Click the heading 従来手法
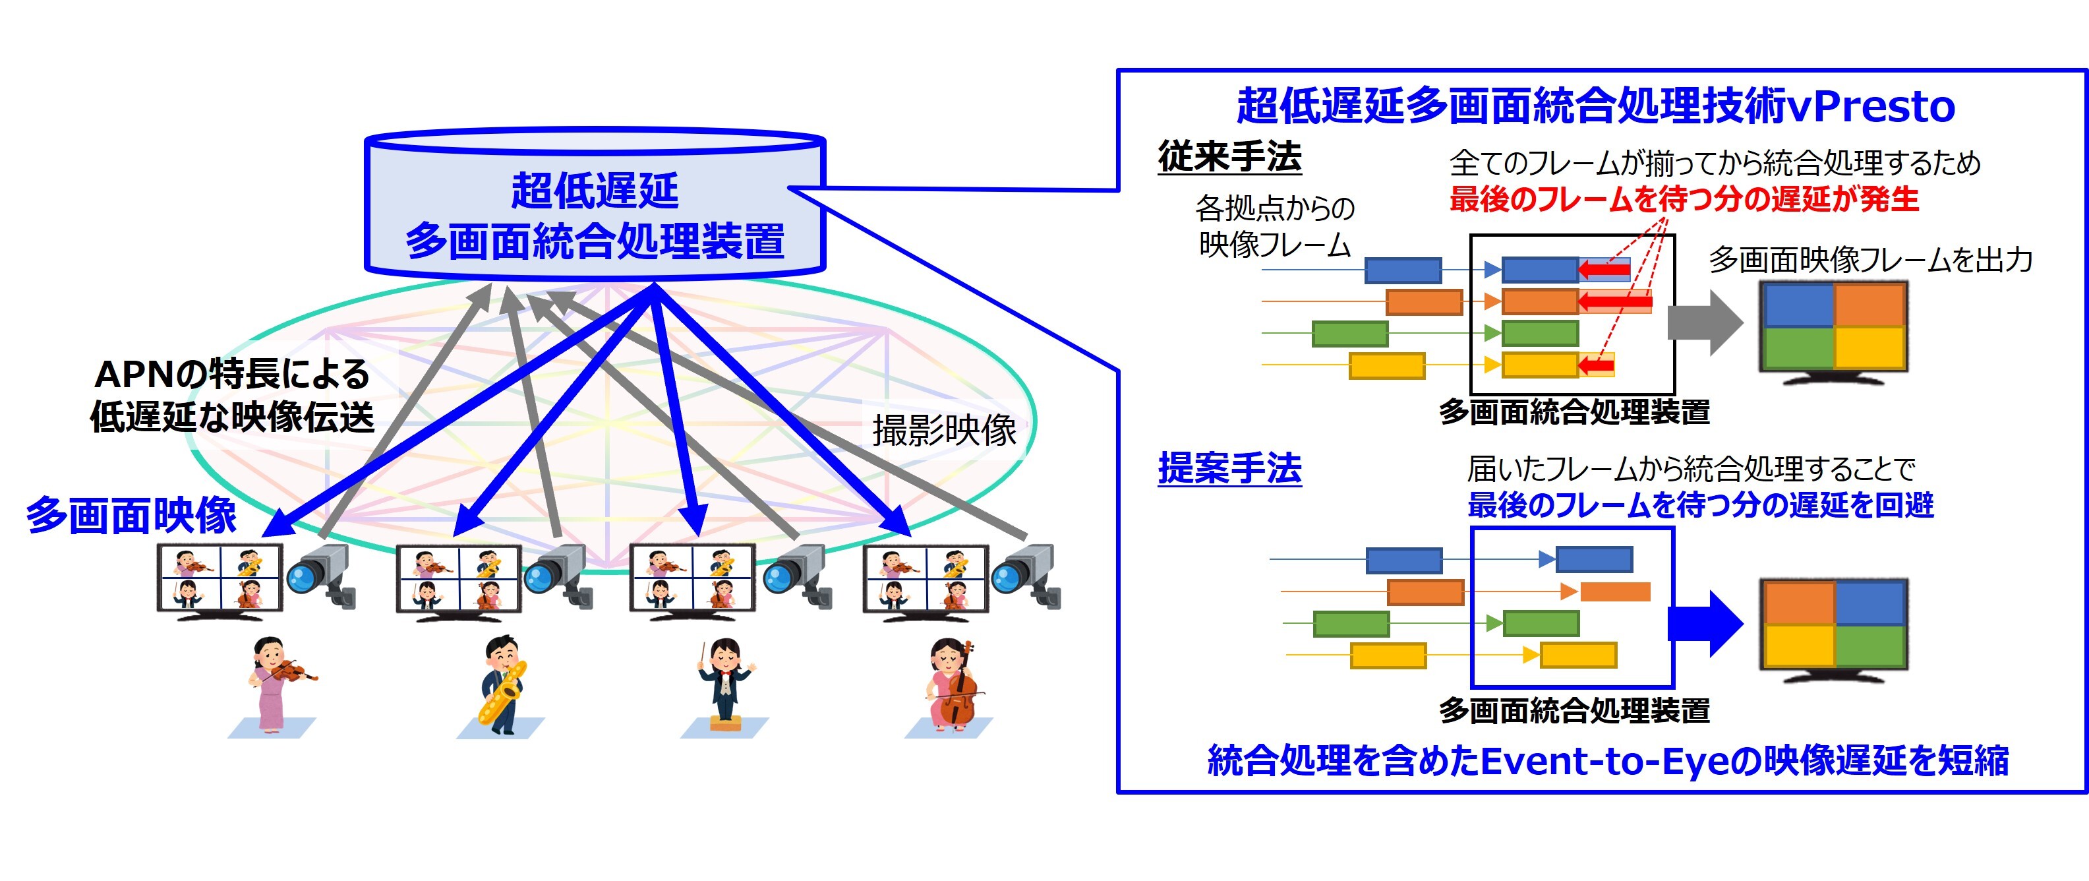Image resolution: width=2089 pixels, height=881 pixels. pos(1229,156)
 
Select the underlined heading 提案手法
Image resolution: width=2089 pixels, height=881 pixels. pos(1229,469)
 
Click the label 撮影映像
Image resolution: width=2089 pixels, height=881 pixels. pos(944,430)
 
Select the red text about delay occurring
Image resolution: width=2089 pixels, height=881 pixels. pos(1684,198)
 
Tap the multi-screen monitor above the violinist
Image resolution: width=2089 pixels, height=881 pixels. pos(220,578)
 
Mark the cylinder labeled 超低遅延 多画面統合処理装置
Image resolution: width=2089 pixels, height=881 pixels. pos(595,207)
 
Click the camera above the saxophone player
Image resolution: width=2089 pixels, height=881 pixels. pos(560,576)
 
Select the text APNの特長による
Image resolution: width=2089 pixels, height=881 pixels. pos(232,374)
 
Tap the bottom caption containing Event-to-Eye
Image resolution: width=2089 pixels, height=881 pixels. pos(1607,761)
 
